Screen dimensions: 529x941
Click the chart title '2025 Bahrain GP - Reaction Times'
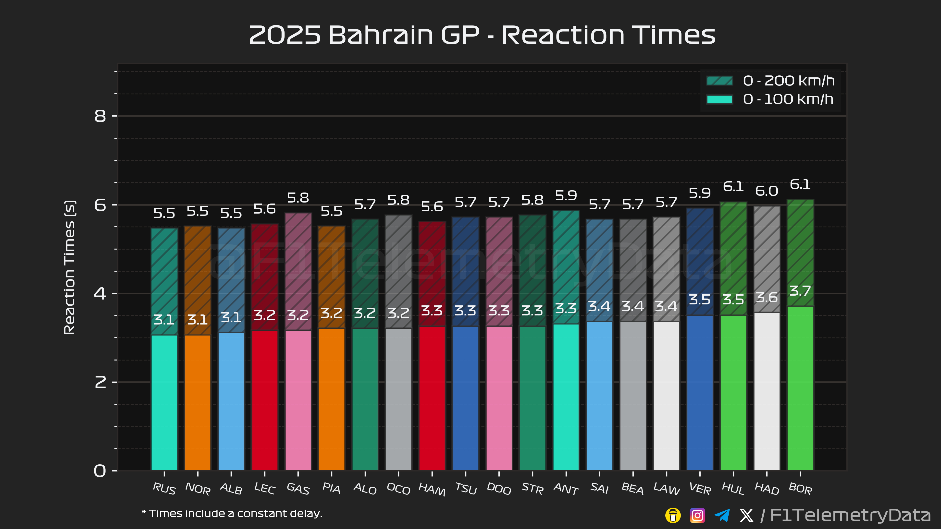click(x=482, y=36)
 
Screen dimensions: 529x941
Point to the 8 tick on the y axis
click(x=100, y=116)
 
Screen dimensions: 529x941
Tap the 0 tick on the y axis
click(x=100, y=470)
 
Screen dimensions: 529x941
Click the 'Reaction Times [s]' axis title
click(x=69, y=267)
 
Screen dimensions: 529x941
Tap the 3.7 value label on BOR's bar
click(x=800, y=291)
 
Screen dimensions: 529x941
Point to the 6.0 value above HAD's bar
click(x=766, y=191)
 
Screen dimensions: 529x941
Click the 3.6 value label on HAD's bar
click(x=766, y=298)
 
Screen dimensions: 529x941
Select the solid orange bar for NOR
click(x=198, y=402)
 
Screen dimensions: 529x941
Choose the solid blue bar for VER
click(x=700, y=392)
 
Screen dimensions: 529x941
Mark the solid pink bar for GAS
click(x=298, y=400)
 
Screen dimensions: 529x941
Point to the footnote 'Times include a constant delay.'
click(x=232, y=514)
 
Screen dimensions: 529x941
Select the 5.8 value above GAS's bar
click(x=298, y=198)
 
